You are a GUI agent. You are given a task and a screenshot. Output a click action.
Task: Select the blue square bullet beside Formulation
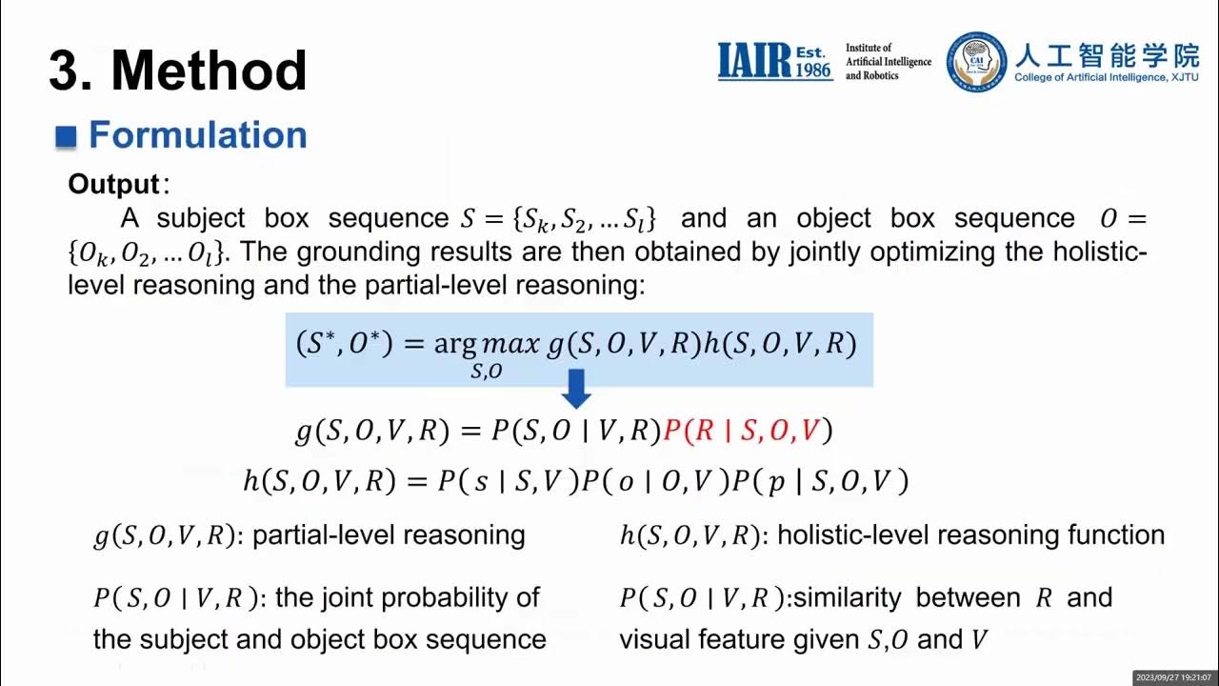[66, 136]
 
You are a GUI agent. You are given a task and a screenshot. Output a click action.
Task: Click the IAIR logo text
[754, 61]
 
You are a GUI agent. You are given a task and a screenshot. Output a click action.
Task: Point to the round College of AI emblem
[976, 62]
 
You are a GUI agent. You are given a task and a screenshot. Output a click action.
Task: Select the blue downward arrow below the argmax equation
[576, 389]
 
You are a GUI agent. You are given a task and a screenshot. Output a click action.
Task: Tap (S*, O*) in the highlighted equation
[344, 344]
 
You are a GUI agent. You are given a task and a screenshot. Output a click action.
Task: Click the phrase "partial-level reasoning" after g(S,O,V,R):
[389, 535]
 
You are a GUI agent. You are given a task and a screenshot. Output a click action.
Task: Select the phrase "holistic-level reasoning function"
[970, 535]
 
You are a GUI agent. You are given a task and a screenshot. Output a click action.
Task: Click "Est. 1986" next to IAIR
[813, 60]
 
